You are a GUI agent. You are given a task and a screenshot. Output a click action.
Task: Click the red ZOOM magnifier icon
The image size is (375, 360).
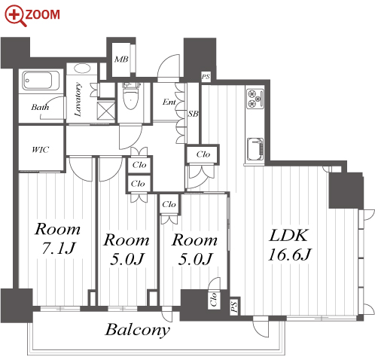coord(16,16)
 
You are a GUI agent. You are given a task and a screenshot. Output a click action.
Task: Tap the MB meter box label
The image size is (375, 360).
coord(121,59)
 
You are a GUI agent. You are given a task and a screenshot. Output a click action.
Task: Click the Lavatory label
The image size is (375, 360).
coord(78,99)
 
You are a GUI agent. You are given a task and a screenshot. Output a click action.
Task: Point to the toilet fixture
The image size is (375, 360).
coord(132,96)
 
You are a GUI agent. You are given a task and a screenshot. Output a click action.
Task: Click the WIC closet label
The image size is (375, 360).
coord(41,150)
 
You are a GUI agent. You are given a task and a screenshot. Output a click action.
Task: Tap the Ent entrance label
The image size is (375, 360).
coord(169,102)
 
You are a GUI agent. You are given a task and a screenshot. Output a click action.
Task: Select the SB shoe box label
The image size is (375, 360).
coord(194,114)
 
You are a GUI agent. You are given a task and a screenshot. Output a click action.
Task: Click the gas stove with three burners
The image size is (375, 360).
coord(255,99)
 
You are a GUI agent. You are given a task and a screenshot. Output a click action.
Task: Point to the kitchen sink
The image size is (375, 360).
coord(255,149)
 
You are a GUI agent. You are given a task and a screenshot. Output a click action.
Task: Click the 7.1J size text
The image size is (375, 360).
coord(58,248)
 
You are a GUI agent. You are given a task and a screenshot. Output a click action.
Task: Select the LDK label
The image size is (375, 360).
coord(288,235)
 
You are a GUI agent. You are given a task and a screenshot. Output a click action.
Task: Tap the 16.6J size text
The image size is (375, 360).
coord(290,255)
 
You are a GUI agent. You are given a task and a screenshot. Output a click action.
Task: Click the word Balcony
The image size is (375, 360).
coord(138,330)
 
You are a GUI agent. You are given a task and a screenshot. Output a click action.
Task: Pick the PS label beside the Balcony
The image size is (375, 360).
coord(234,307)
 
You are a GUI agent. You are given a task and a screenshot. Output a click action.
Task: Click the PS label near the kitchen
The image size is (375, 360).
coord(206,76)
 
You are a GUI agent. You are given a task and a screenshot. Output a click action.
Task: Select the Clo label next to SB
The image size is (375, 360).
coord(203,154)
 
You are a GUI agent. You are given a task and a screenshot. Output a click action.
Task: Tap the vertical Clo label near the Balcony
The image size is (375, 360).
coord(214,300)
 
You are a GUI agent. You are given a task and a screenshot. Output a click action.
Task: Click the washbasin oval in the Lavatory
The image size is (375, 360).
coord(82,69)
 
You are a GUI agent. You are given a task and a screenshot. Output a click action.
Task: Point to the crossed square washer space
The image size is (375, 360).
coord(105,111)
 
